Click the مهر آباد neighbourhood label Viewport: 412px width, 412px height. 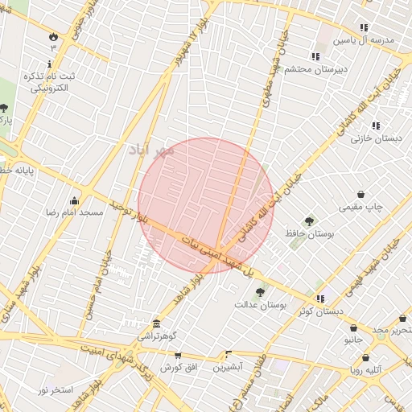click(x=151, y=150)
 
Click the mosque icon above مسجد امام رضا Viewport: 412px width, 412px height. click(x=75, y=200)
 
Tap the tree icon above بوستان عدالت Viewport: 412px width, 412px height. click(x=258, y=294)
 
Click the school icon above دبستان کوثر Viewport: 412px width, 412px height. click(x=320, y=299)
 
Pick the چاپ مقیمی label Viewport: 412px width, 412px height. click(x=363, y=207)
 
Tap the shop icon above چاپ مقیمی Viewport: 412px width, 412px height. click(x=360, y=195)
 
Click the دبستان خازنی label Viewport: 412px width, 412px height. click(x=376, y=138)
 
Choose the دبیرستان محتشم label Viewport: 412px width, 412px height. click(x=319, y=69)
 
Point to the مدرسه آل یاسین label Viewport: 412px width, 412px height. click(x=369, y=39)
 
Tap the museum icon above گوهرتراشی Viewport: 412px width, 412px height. click(x=155, y=323)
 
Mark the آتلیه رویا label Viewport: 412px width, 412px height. click(x=365, y=370)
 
